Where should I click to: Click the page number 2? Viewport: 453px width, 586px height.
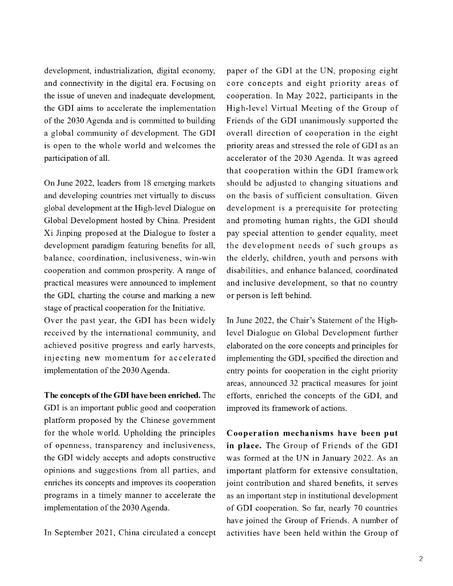420,559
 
